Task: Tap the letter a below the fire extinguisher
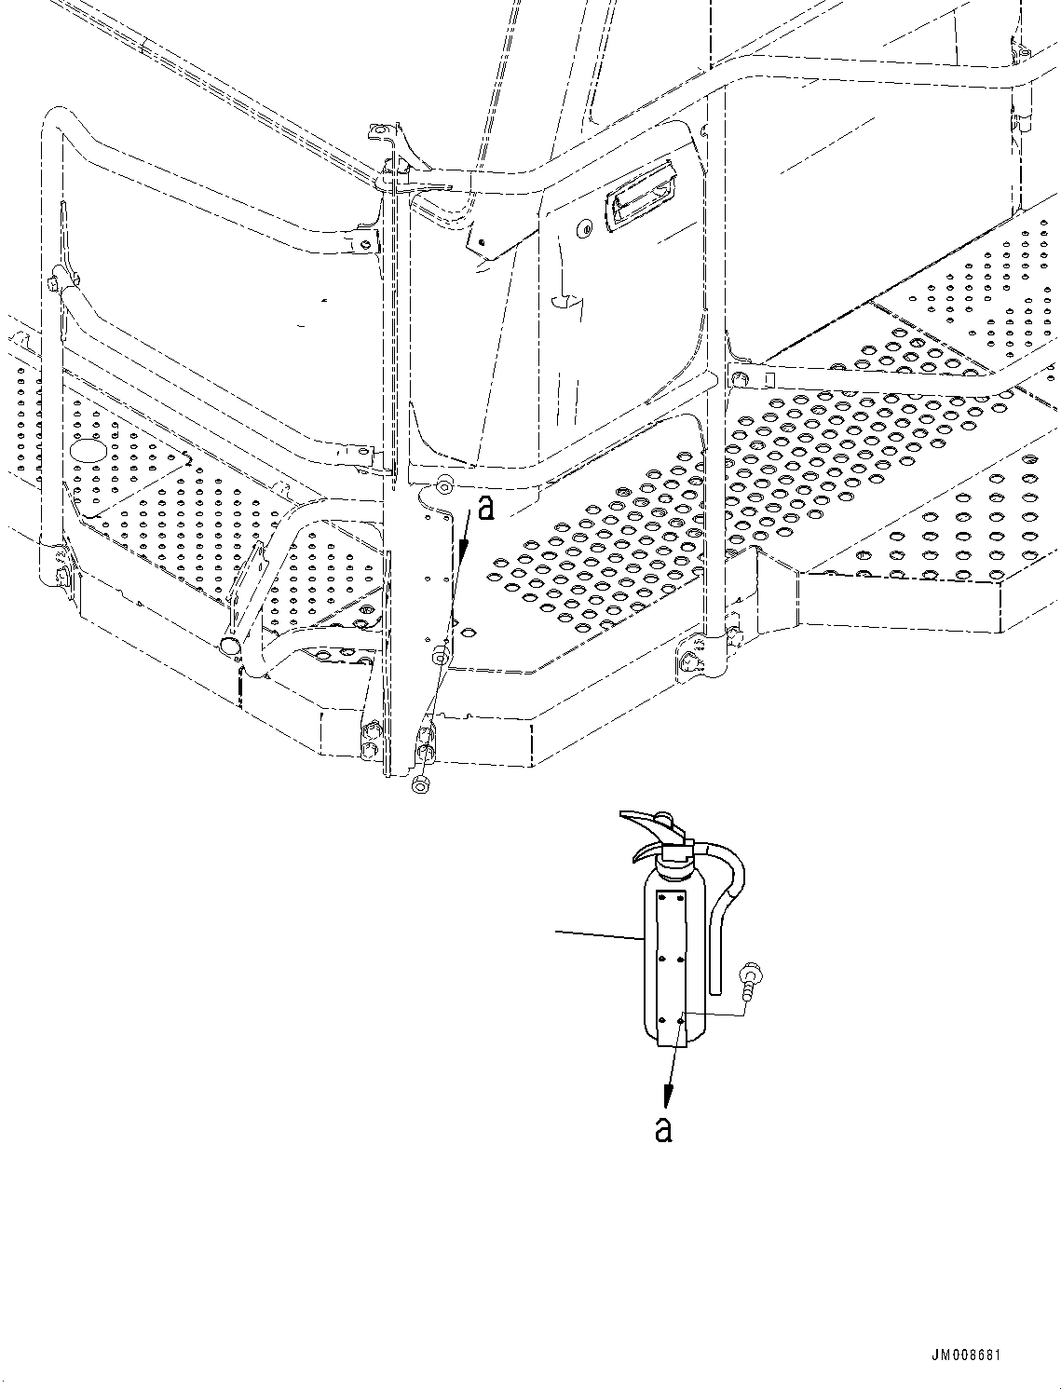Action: (x=662, y=1128)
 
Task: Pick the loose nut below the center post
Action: (x=419, y=786)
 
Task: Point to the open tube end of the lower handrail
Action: (x=229, y=646)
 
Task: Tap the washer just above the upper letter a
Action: (x=444, y=484)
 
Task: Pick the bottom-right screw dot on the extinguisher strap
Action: (x=684, y=1022)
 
